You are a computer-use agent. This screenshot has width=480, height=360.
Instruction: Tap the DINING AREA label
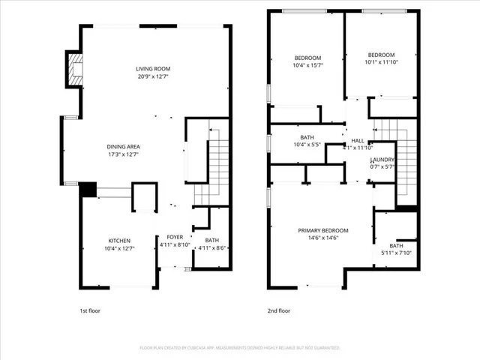coord(123,146)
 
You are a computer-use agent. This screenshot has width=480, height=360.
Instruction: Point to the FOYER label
coord(175,236)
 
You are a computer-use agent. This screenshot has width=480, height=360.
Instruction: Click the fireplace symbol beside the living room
coord(74,69)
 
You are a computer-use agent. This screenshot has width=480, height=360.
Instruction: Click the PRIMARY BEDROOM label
coord(323,230)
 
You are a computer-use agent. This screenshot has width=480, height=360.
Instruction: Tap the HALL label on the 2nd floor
coord(357,140)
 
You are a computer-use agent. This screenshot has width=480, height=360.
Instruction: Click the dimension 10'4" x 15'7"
coord(307,66)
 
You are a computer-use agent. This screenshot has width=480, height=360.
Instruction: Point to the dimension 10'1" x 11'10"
coord(381,62)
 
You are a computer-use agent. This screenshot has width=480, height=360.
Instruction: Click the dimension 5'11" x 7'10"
coord(395,253)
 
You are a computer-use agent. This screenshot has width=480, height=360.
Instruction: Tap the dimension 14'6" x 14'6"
coord(323,238)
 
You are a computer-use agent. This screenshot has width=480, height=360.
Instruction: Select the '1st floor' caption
coord(91,310)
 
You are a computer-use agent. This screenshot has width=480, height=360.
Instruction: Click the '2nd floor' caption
coord(278,310)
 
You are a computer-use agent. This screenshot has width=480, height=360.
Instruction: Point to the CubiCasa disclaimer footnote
coord(240,348)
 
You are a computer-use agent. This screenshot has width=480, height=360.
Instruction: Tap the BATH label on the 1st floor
coord(202,240)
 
